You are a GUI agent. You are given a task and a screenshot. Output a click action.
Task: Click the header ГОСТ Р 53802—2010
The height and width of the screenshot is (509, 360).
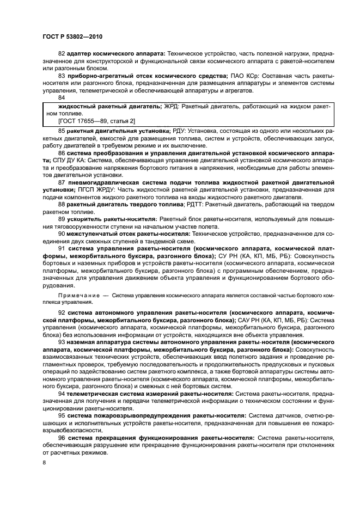pyautogui.click(x=72, y=36)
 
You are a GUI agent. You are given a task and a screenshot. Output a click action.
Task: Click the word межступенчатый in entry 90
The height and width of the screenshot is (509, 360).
pyautogui.click(x=90, y=232)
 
